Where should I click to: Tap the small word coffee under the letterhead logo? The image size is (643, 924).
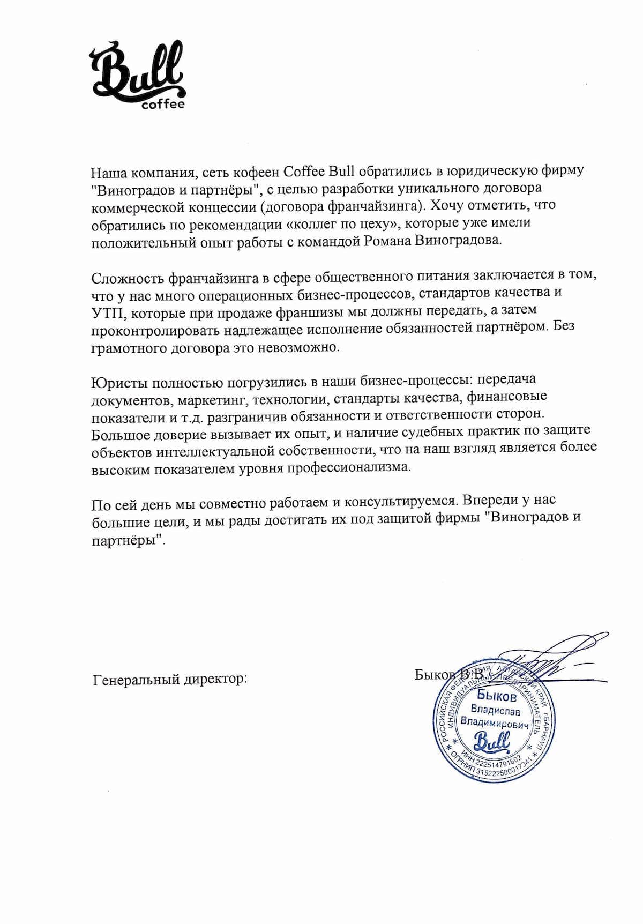tap(163, 103)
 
